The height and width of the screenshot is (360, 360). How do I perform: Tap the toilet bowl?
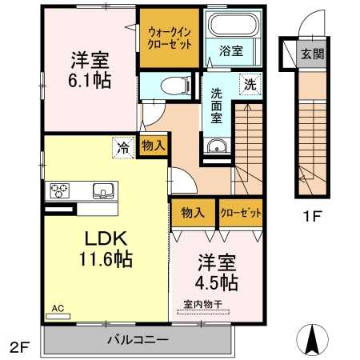click(x=175, y=86)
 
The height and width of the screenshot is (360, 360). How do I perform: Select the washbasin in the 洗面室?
click(x=217, y=146)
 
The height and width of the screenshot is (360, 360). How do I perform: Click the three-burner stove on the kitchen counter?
click(x=59, y=190)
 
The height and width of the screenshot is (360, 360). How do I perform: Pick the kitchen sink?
click(x=103, y=190)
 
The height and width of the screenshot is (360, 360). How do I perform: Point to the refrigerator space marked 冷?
click(x=123, y=147)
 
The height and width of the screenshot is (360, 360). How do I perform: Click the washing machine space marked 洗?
click(x=250, y=84)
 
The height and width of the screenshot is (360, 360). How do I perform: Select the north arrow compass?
click(x=313, y=339)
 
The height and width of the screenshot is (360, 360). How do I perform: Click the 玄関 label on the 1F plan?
click(x=312, y=54)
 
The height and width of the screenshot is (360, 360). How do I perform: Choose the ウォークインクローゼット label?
click(x=170, y=38)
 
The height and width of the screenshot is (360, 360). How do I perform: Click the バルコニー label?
click(x=138, y=340)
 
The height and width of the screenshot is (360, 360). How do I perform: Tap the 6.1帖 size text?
click(x=90, y=81)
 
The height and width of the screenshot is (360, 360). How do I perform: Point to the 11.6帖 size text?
click(x=106, y=259)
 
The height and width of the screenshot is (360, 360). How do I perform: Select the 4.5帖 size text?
click(x=217, y=282)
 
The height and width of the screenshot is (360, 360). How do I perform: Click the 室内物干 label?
click(x=203, y=304)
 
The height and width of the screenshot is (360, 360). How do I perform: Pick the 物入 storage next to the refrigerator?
click(x=153, y=146)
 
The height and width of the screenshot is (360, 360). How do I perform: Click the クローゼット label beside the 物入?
click(x=241, y=213)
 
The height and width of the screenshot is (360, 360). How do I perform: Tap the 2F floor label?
click(x=19, y=347)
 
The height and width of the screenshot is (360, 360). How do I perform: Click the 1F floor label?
click(x=312, y=216)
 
